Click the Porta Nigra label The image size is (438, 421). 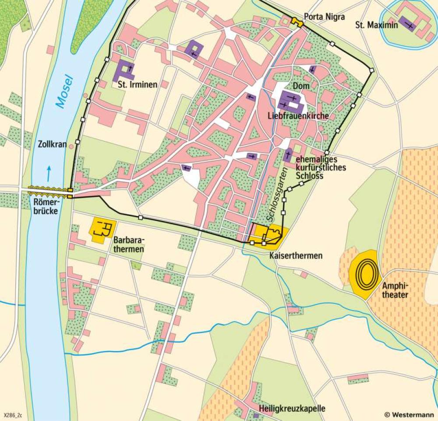tap(325, 17)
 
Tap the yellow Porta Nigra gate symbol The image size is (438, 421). tap(297, 21)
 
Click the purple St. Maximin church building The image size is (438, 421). tap(408, 25)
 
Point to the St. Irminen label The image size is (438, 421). tap(137, 85)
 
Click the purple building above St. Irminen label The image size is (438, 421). tap(124, 70)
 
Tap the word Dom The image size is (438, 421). tap(301, 86)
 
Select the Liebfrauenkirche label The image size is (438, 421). tap(297, 116)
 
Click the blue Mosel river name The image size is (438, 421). tap(64, 91)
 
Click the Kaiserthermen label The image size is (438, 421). tap(296, 255)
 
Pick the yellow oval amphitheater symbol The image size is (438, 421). tap(364, 274)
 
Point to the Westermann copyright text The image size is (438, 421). tap(410, 414)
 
